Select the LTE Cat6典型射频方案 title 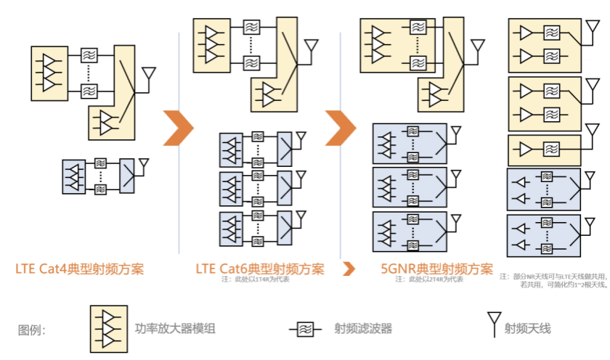259,269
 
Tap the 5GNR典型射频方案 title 437,269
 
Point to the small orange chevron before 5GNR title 349,269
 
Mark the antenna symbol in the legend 494,323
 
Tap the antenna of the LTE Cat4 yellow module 149,75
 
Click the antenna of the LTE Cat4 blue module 145,164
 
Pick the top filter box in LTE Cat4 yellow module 89,54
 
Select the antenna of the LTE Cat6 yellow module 312,47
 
